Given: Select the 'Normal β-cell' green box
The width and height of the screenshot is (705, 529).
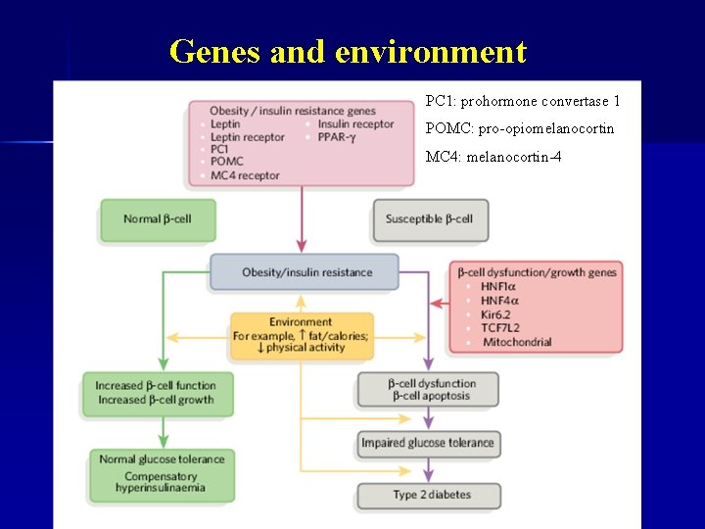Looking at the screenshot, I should pos(157,219).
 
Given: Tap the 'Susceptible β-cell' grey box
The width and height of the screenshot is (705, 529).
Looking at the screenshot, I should pos(429,219).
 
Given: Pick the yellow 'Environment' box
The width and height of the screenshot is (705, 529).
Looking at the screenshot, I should pos(301,334).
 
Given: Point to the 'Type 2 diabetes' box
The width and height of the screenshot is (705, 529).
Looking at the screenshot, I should pos(428,496).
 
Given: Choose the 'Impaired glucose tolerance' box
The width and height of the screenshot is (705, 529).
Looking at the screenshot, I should pos(428,443).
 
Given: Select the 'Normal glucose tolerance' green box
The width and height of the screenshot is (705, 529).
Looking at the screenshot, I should pos(162,473).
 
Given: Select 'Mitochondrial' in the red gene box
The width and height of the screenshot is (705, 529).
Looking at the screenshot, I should pos(515,342).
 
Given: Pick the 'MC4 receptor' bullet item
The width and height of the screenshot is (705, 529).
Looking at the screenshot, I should pos(244,175).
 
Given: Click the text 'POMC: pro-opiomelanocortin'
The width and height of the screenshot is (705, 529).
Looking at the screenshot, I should pos(520,128).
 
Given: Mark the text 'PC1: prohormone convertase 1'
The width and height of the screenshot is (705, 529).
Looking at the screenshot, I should pos(522,101).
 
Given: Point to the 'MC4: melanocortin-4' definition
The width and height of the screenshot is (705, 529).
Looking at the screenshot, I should pos(493,157).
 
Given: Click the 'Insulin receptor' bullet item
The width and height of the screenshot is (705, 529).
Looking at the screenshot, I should pos(355,124).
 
